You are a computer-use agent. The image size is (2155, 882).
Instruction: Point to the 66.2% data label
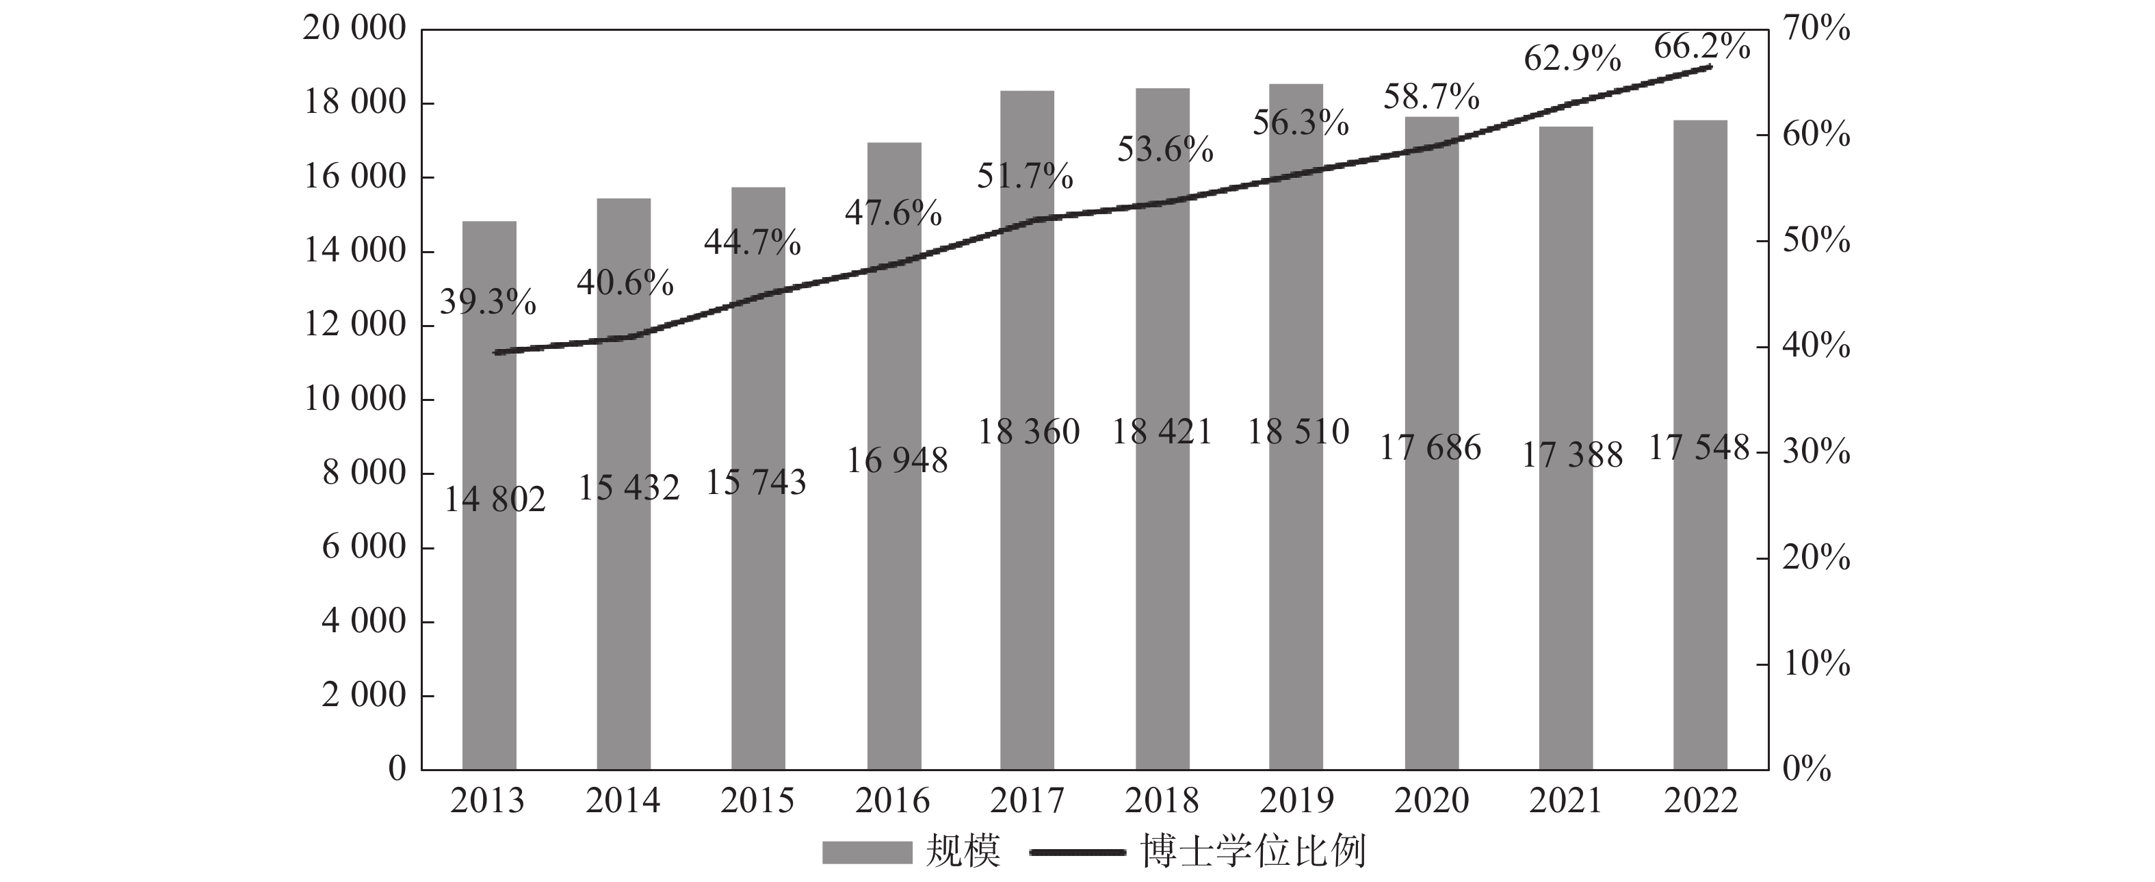[x=1701, y=47]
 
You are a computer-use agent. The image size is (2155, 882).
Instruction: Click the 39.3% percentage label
[x=488, y=301]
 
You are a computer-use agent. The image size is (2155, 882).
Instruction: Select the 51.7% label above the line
[x=1025, y=177]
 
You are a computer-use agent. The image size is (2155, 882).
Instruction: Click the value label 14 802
[x=495, y=500]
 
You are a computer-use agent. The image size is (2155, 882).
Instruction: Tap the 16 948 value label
[x=897, y=461]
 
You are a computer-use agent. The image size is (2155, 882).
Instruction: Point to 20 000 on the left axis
[x=354, y=29]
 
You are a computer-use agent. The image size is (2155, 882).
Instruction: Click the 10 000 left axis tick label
[x=354, y=399]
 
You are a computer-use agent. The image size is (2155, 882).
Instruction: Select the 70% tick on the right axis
[x=1816, y=29]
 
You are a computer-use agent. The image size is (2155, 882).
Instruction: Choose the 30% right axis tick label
[x=1816, y=452]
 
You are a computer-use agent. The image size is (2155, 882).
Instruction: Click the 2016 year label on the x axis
[x=892, y=801]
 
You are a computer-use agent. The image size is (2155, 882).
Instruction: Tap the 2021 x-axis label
[x=1565, y=801]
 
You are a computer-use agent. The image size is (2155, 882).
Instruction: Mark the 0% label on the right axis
[x=1807, y=768]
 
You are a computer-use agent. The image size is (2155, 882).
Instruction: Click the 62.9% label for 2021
[x=1572, y=59]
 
